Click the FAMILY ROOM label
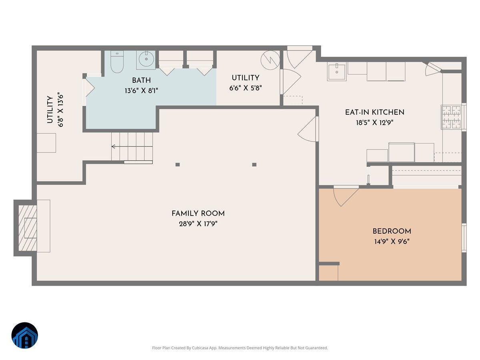pyautogui.click(x=198, y=214)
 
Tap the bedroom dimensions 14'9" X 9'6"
pyautogui.click(x=391, y=242)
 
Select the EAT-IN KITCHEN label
pyautogui.click(x=374, y=112)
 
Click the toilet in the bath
pyautogui.click(x=117, y=62)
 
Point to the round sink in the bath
pyautogui.click(x=146, y=60)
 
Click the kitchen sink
pyautogui.click(x=336, y=72)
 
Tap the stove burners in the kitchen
pyautogui.click(x=451, y=117)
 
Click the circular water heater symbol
pyautogui.click(x=270, y=60)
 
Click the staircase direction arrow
pyautogui.click(x=114, y=147)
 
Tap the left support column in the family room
pyautogui.click(x=178, y=164)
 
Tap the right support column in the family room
pyautogui.click(x=254, y=164)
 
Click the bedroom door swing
pyautogui.click(x=344, y=196)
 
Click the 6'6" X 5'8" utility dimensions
pyautogui.click(x=246, y=88)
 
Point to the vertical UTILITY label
pyautogui.click(x=50, y=110)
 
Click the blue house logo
pyautogui.click(x=24, y=336)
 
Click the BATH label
pyautogui.click(x=141, y=80)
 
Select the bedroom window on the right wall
pyautogui.click(x=464, y=238)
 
